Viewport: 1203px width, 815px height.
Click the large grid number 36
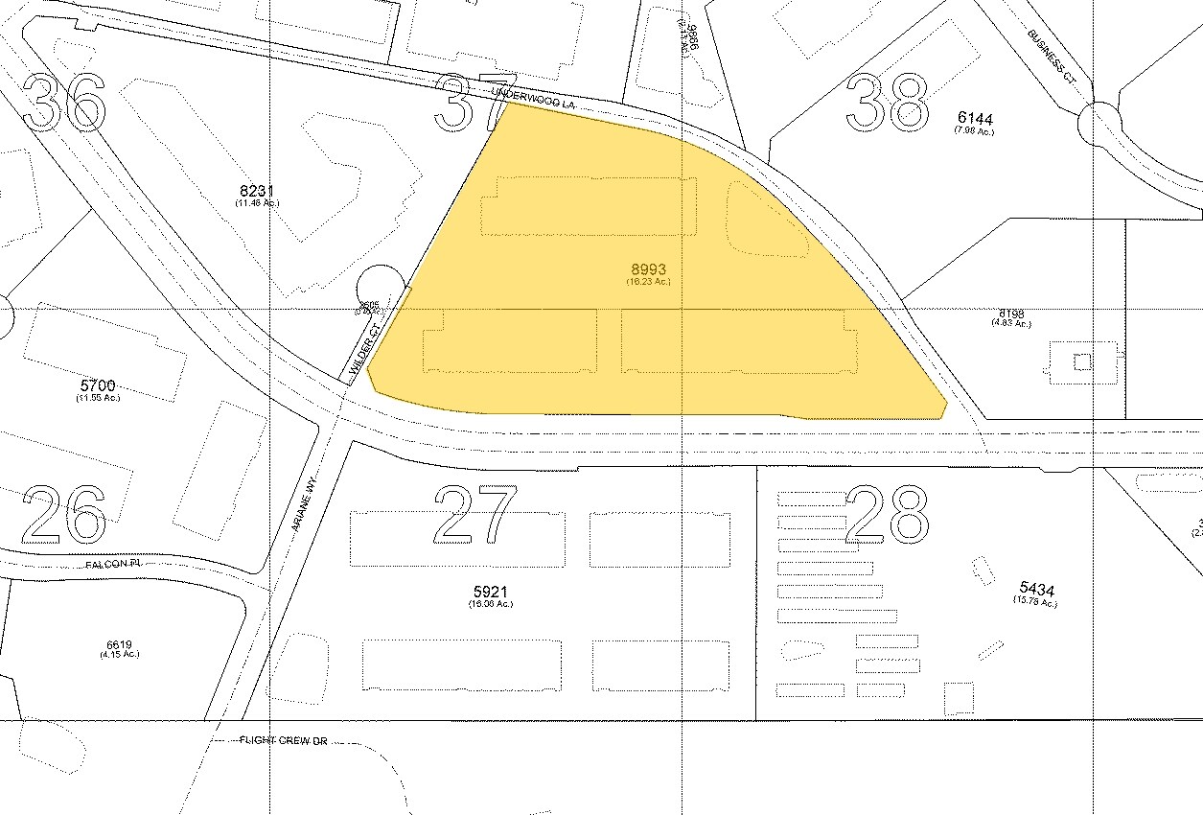(x=64, y=102)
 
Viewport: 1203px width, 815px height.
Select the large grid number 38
(x=888, y=102)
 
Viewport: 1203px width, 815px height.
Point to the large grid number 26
(x=64, y=513)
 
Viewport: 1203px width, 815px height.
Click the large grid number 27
(x=476, y=513)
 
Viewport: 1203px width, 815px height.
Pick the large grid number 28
(x=888, y=513)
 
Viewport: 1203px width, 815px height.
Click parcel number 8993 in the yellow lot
(x=648, y=270)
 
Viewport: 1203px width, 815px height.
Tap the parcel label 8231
(x=257, y=191)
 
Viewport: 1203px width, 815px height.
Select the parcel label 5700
(x=98, y=385)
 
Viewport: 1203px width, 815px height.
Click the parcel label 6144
(x=975, y=119)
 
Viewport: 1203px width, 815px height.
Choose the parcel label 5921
(x=490, y=592)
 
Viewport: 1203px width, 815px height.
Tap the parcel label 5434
(x=1035, y=590)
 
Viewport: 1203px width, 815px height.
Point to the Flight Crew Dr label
(x=284, y=741)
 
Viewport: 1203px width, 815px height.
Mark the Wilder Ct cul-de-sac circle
(x=375, y=287)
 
